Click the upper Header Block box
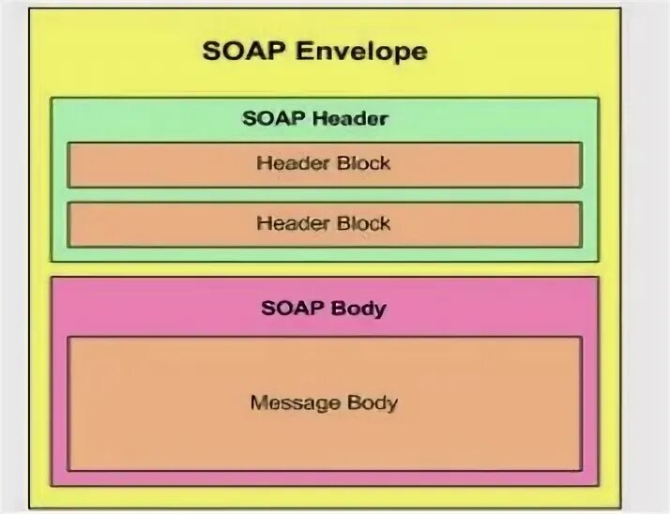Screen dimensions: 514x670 (325, 164)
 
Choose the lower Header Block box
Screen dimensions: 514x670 (325, 224)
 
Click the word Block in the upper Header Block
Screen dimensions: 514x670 (362, 163)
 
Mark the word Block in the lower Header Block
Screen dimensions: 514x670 (362, 223)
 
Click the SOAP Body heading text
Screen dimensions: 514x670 (325, 308)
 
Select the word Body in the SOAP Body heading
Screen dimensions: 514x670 (358, 308)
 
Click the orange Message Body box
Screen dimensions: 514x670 (325, 431)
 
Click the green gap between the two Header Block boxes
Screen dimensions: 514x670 (325, 194)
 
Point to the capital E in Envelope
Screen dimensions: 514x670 (304, 51)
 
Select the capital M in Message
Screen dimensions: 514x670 (257, 404)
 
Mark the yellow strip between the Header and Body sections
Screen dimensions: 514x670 (325, 268)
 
